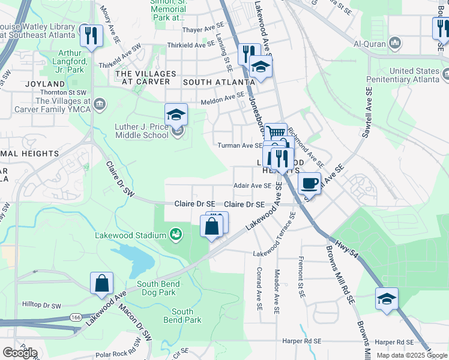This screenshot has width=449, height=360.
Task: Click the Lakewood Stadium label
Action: [130, 235]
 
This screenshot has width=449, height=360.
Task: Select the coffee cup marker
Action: [309, 183]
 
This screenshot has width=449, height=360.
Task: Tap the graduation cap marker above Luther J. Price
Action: [176, 114]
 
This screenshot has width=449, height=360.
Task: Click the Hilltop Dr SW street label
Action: [42, 305]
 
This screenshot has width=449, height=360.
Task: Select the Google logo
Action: [20, 353]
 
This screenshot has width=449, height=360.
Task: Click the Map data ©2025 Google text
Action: [412, 355]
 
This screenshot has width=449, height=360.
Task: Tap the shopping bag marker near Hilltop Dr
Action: [102, 283]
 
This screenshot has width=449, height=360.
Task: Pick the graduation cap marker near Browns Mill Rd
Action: [387, 299]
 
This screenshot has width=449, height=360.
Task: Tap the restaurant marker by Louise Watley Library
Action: [91, 34]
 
